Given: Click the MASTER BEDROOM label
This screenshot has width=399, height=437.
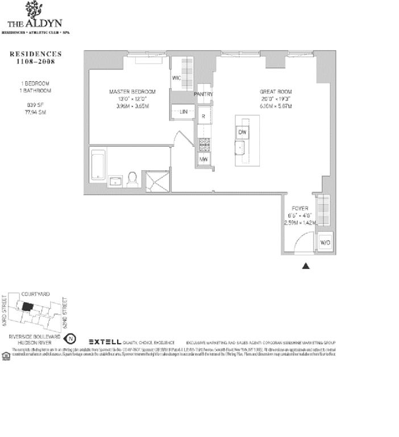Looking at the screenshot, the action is click(132, 92).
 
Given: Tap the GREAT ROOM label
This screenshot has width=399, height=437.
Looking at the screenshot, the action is click(276, 92).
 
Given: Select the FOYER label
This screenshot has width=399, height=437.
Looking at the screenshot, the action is click(300, 209).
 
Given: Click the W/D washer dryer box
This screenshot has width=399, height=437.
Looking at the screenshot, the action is click(325, 243).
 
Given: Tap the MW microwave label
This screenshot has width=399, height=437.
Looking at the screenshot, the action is click(203, 159).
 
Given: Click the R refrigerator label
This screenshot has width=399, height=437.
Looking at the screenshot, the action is click(203, 116).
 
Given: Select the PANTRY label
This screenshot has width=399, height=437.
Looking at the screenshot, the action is click(203, 94).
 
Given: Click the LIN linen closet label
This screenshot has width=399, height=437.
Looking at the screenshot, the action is click(184, 112).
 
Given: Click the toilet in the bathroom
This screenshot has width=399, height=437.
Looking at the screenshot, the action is click(133, 179).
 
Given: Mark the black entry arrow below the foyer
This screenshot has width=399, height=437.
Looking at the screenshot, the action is click(306, 265).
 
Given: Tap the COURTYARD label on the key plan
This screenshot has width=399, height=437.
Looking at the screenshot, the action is click(35, 294).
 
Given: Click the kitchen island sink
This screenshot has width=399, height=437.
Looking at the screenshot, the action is click(241, 149).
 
